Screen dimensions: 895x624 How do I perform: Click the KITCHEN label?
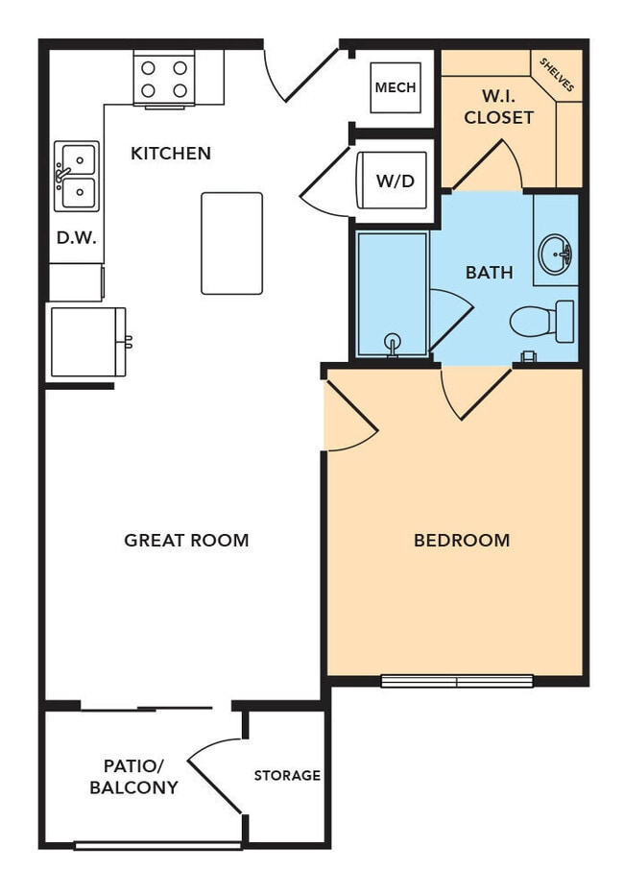pyautogui.click(x=171, y=153)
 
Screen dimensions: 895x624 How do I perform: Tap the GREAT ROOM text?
pyautogui.click(x=186, y=540)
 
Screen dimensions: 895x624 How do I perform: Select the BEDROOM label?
pyautogui.click(x=461, y=540)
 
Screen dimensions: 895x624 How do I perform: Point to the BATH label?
pyautogui.click(x=489, y=273)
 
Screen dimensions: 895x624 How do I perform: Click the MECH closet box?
pyautogui.click(x=396, y=87)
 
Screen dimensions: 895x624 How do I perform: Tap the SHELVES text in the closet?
pyautogui.click(x=557, y=75)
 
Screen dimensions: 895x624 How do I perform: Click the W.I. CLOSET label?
pyautogui.click(x=498, y=107)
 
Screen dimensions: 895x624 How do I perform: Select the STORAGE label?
pyautogui.click(x=287, y=775)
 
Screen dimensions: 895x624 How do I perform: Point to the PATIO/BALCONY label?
pyautogui.click(x=134, y=776)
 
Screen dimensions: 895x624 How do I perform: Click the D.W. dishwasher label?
pyautogui.click(x=77, y=237)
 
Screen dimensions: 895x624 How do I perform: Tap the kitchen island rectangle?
pyautogui.click(x=231, y=243)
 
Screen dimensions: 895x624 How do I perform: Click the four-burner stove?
pyautogui.click(x=164, y=79)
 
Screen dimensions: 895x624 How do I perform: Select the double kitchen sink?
pyautogui.click(x=76, y=176)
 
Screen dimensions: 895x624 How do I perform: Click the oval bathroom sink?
pyautogui.click(x=556, y=254)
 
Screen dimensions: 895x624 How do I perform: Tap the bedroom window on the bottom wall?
pyautogui.click(x=457, y=681)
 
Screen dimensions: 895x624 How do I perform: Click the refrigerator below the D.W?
pyautogui.click(x=87, y=341)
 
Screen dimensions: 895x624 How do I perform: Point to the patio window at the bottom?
pyautogui.click(x=158, y=845)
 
